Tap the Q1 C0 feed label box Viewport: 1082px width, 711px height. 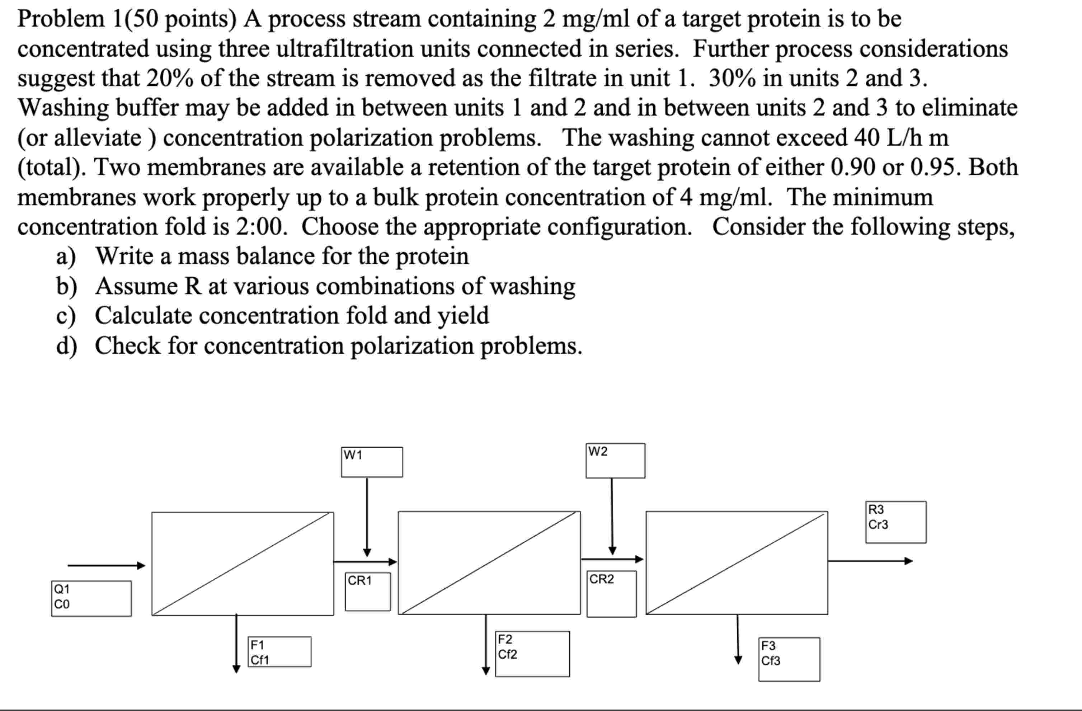coord(91,598)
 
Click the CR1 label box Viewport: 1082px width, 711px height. coord(367,592)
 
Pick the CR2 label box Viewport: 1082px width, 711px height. coord(611,594)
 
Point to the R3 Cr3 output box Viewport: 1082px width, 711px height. coord(895,522)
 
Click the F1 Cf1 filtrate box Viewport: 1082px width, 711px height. coord(279,651)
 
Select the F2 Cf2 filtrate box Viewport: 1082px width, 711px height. coord(532,654)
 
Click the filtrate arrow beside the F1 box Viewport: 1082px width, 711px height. coord(236,643)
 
